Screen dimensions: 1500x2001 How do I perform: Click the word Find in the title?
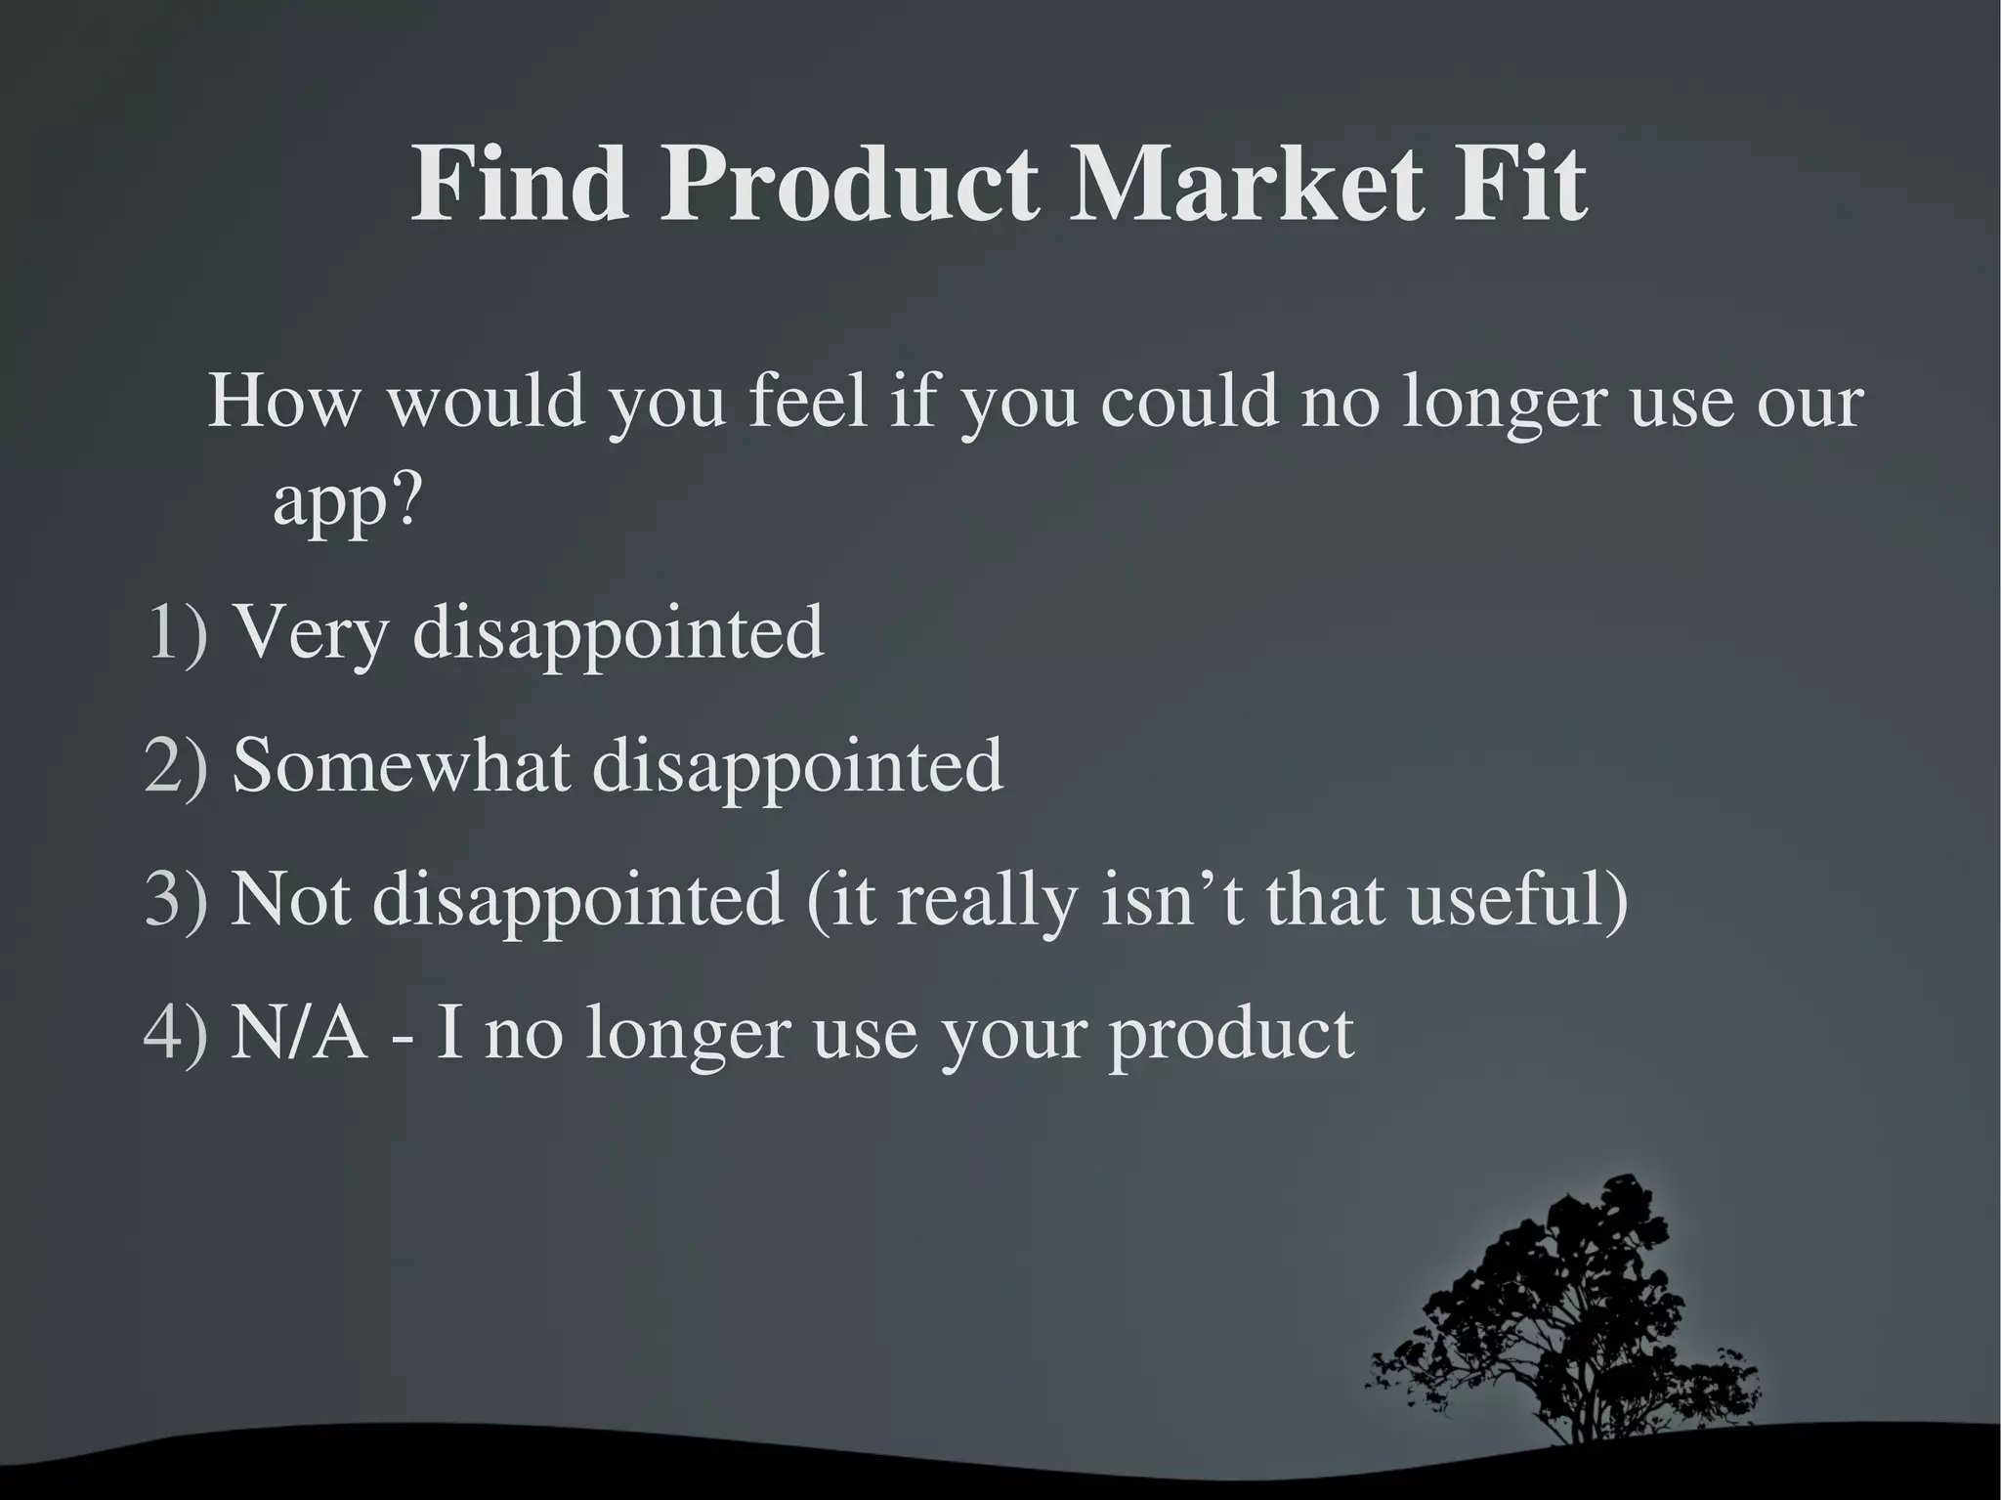519,185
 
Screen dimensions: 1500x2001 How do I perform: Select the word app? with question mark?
346,504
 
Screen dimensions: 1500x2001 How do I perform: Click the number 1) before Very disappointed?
177,632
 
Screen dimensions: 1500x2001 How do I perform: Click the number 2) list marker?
177,765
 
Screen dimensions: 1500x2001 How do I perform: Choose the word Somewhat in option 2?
401,765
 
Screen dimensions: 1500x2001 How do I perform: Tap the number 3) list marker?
177,898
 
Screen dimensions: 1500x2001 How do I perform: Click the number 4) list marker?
177,1032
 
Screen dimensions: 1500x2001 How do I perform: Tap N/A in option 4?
299,1032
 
